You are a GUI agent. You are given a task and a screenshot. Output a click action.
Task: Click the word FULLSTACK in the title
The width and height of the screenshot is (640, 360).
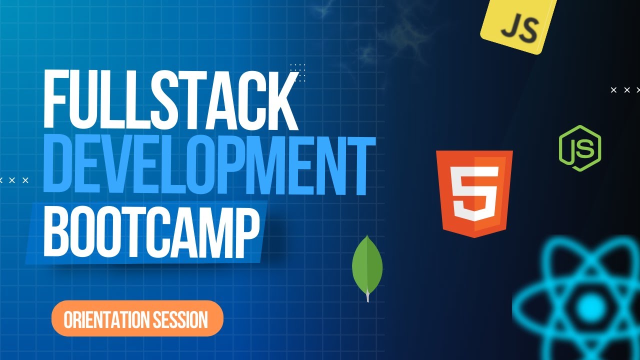coord(170,100)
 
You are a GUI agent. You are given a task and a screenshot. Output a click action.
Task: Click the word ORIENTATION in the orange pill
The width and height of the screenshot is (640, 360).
coord(103,319)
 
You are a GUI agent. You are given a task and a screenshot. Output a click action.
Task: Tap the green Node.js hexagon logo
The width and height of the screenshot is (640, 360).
coord(580,148)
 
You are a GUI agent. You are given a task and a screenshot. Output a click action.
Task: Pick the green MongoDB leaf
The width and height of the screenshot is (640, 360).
coord(367,265)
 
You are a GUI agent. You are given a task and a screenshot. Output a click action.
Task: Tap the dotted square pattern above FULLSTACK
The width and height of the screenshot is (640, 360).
coord(297,72)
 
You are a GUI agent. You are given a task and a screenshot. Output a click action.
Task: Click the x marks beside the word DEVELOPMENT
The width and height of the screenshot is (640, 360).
coord(14,180)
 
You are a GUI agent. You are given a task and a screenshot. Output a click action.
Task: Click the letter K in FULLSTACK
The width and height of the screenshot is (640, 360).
coord(278,100)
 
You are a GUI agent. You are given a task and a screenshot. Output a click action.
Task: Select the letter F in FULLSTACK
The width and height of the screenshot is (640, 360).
coord(55,100)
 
